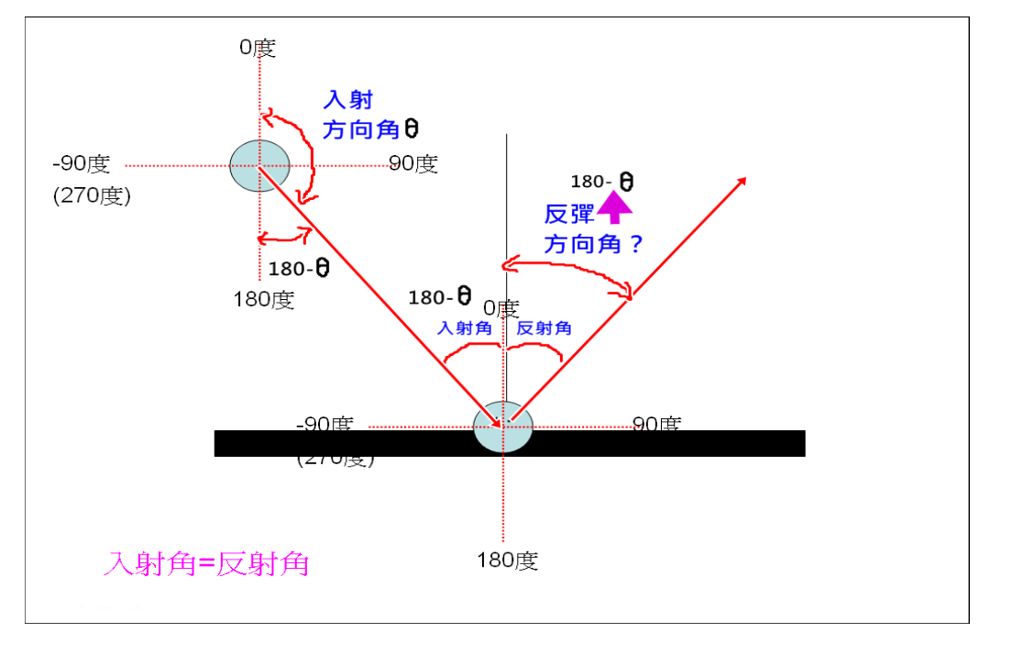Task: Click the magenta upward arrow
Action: (615, 210)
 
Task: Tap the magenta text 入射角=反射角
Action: (206, 563)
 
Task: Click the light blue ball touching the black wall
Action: (502, 427)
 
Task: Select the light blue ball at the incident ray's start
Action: (259, 166)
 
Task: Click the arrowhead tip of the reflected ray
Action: (744, 179)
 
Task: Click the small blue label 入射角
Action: (465, 328)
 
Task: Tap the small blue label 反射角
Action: (544, 328)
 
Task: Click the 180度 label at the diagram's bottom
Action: (507, 561)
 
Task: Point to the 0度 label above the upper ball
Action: (258, 48)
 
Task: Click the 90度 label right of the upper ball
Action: (413, 164)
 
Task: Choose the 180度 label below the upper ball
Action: (264, 300)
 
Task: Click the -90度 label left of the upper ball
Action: (82, 164)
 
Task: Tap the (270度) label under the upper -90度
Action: (92, 196)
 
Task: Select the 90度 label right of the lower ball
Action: (656, 424)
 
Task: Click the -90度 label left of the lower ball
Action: (325, 424)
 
